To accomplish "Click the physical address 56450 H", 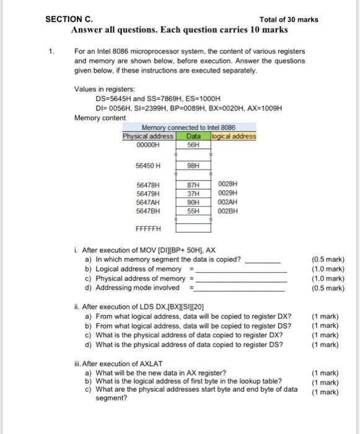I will pyautogui.click(x=148, y=166).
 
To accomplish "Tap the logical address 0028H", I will pyautogui.click(x=228, y=184).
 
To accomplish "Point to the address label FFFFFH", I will pyautogui.click(x=147, y=228).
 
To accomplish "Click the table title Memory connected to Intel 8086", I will pyautogui.click(x=189, y=128).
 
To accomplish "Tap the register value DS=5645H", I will pyautogui.click(x=113, y=99).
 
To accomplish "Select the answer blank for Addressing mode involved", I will pyautogui.click(x=241, y=288).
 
